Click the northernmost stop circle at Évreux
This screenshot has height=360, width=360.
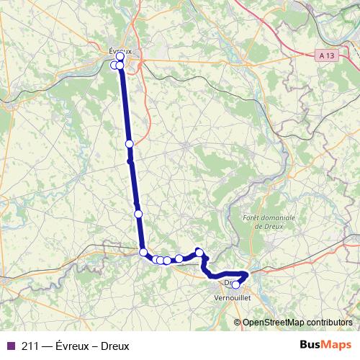click(x=120, y=56)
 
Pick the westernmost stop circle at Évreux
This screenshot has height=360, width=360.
click(x=114, y=66)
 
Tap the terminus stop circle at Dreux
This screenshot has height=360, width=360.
click(x=235, y=284)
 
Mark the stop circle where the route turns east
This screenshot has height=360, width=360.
click(x=143, y=252)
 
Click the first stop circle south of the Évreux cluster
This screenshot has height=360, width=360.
click(x=130, y=144)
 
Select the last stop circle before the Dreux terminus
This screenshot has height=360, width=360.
click(x=201, y=253)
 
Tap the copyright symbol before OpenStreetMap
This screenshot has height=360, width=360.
click(x=238, y=323)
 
